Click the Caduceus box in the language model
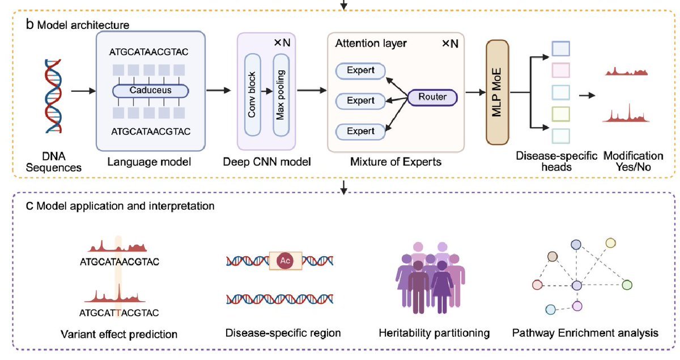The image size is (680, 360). click(x=150, y=91)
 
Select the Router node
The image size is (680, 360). click(x=432, y=98)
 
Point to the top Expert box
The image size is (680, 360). click(x=360, y=70)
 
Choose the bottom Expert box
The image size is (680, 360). click(x=360, y=132)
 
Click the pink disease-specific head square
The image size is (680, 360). click(x=560, y=70)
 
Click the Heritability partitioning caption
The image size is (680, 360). click(x=434, y=333)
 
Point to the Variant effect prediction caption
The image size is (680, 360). click(x=119, y=333)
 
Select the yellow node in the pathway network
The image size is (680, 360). click(x=610, y=243)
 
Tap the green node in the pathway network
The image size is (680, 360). click(x=626, y=285)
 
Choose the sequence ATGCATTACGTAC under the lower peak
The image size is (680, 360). click(x=119, y=312)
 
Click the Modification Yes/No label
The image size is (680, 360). click(x=633, y=161)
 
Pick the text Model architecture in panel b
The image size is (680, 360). click(x=83, y=26)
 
